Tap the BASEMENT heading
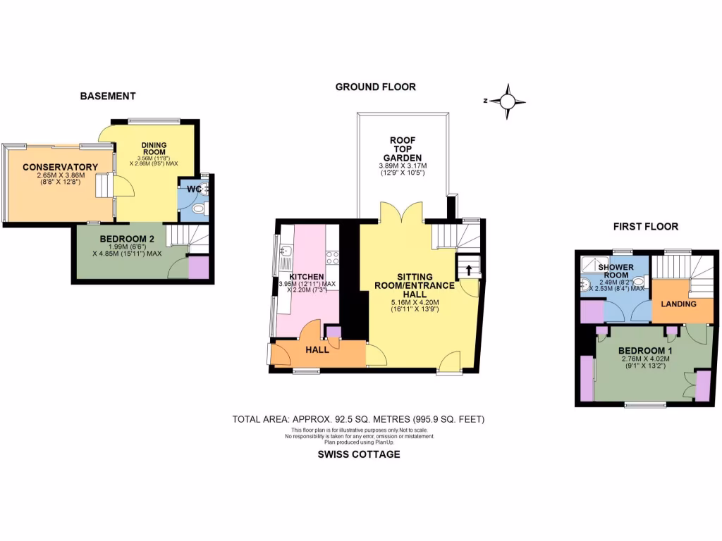click(107, 96)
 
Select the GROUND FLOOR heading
click(375, 87)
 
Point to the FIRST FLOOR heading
click(645, 226)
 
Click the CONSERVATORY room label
click(59, 167)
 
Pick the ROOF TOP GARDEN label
click(402, 149)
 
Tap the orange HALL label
click(317, 350)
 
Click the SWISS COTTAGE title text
click(360, 454)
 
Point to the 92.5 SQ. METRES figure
click(348, 419)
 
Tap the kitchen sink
click(285, 251)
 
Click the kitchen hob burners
click(332, 256)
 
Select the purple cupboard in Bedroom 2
click(198, 268)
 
